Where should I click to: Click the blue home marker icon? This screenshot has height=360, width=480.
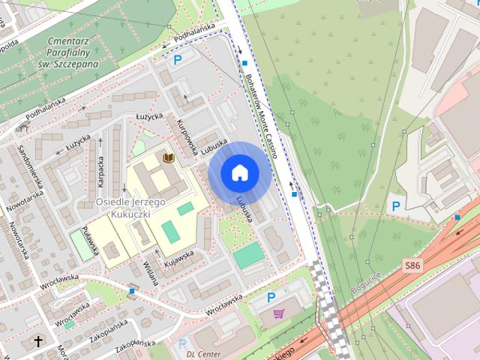(239, 173)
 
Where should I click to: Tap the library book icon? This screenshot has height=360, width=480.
(169, 157)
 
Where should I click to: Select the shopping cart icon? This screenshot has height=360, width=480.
(279, 313)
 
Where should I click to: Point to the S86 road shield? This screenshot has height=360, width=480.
(412, 266)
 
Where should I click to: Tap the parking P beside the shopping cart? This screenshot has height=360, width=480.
(271, 298)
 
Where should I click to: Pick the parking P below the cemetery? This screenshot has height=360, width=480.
(178, 60)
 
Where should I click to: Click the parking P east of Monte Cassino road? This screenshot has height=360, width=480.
(395, 205)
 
